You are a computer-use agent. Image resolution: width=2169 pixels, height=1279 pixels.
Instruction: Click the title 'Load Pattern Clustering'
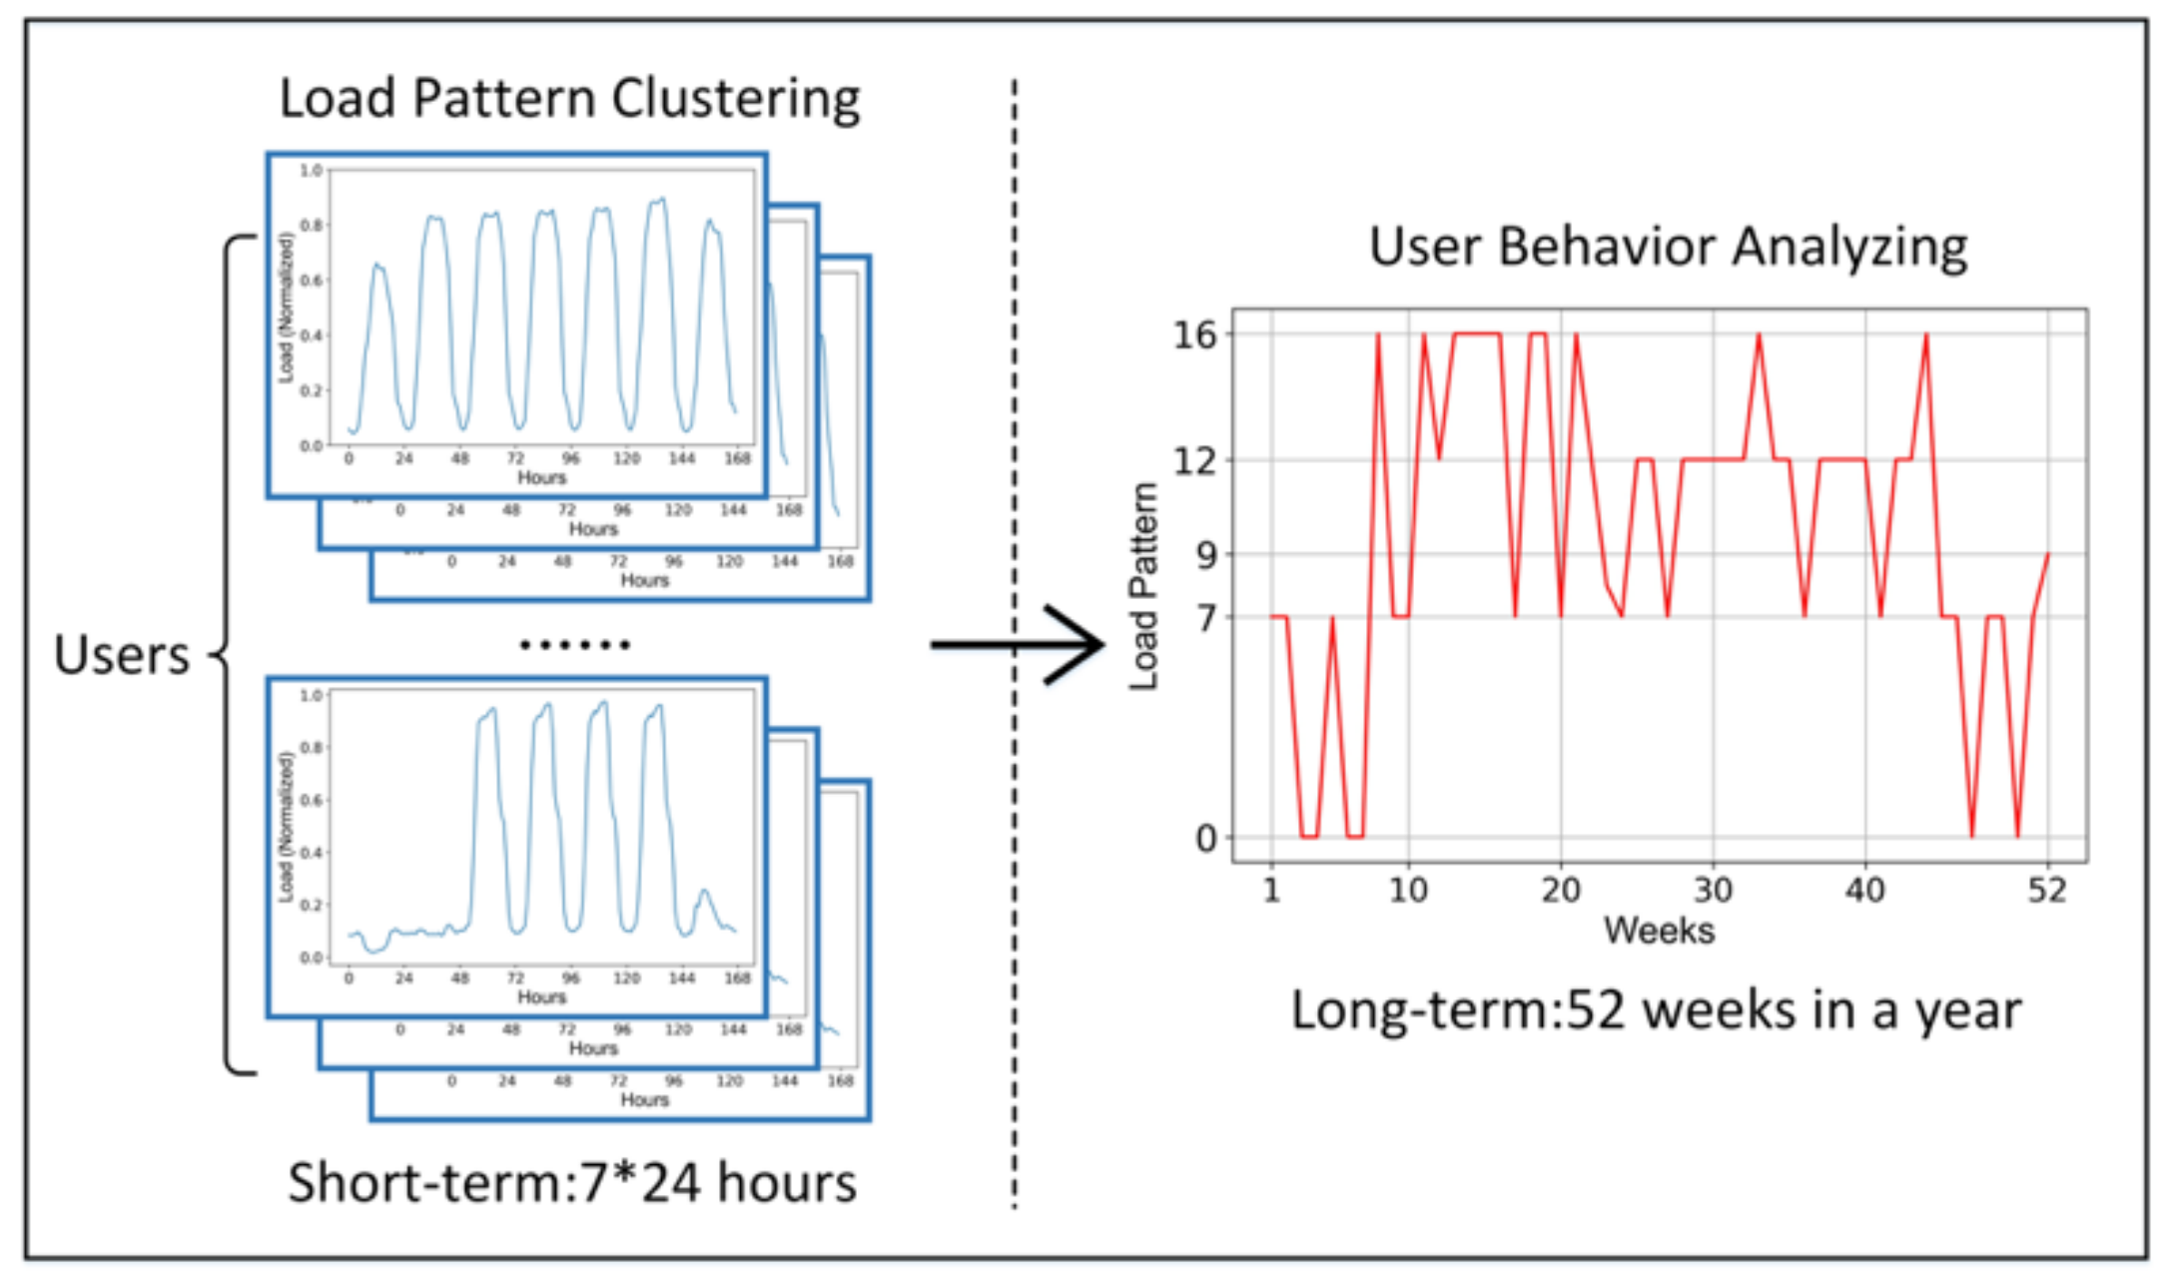point(569,99)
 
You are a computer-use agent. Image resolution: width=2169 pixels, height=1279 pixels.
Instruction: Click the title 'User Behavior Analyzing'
point(1668,247)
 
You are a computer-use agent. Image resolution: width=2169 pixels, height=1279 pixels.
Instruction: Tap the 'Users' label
point(122,656)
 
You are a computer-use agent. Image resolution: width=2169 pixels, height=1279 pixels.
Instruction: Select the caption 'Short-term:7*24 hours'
point(572,1183)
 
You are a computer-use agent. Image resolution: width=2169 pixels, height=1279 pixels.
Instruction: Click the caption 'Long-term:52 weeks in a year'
point(1656,1010)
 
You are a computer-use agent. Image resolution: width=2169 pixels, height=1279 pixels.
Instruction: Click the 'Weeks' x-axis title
point(1659,931)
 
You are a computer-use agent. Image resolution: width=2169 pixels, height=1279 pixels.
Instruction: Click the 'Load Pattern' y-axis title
point(1143,586)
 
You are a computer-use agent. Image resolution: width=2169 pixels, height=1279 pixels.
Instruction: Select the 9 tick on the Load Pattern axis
point(1206,554)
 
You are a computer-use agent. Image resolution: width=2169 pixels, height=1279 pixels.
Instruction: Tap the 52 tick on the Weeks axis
point(2046,890)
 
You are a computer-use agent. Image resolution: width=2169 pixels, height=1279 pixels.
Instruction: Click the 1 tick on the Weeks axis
point(1271,890)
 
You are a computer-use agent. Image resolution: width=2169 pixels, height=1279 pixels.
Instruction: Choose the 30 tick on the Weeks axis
point(1713,890)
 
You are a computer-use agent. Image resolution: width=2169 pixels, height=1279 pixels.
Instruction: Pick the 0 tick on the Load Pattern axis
point(1206,839)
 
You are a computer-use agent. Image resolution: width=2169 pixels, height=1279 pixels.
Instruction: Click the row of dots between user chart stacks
point(575,645)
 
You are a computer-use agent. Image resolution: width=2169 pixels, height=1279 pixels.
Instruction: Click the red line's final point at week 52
point(2047,554)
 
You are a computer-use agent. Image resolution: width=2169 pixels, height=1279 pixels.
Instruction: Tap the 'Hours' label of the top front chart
point(541,477)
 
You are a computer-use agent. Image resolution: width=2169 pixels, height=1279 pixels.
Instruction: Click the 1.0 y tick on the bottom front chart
point(312,695)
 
